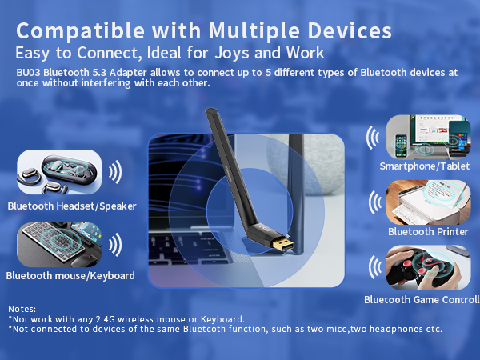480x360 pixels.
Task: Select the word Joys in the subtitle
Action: pyautogui.click(x=228, y=54)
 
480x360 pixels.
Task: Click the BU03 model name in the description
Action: pyautogui.click(x=28, y=72)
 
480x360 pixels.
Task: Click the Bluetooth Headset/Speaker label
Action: pyautogui.click(x=72, y=206)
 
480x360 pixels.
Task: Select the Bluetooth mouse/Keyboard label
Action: pyautogui.click(x=70, y=276)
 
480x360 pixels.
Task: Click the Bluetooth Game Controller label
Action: pyautogui.click(x=420, y=300)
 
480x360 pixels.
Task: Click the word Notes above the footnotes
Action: pyautogui.click(x=22, y=309)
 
